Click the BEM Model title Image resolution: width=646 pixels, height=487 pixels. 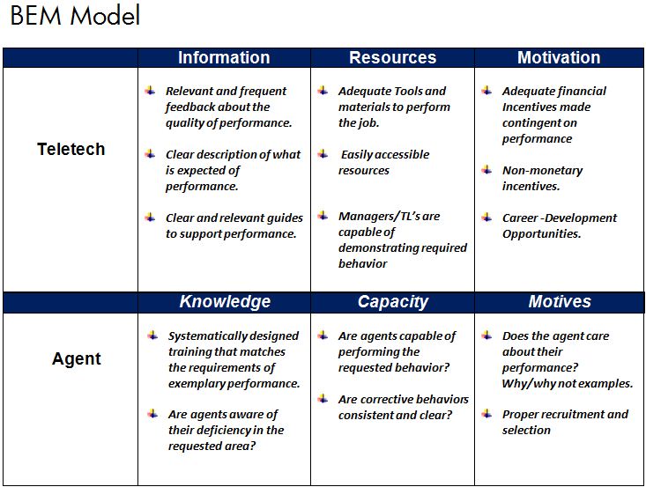tap(75, 16)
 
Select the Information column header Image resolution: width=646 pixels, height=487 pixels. tap(224, 57)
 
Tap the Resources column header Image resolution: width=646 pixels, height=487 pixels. tap(393, 57)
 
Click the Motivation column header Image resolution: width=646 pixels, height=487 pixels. tap(559, 57)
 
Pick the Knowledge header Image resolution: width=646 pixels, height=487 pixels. tap(225, 302)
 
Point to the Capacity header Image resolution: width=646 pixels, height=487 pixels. tap(393, 302)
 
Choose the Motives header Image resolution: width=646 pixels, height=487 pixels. tap(560, 302)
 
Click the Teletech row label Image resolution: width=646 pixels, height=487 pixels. tap(71, 149)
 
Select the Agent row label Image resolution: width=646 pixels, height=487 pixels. tap(76, 359)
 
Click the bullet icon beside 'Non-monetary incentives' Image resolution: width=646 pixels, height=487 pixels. tap(486, 169)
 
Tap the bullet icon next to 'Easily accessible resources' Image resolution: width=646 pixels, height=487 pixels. tap(323, 153)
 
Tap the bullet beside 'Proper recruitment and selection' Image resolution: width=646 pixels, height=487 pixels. tap(486, 413)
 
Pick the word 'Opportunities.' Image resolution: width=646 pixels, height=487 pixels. tap(541, 234)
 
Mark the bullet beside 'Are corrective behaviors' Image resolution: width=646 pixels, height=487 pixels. tap(323, 398)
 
